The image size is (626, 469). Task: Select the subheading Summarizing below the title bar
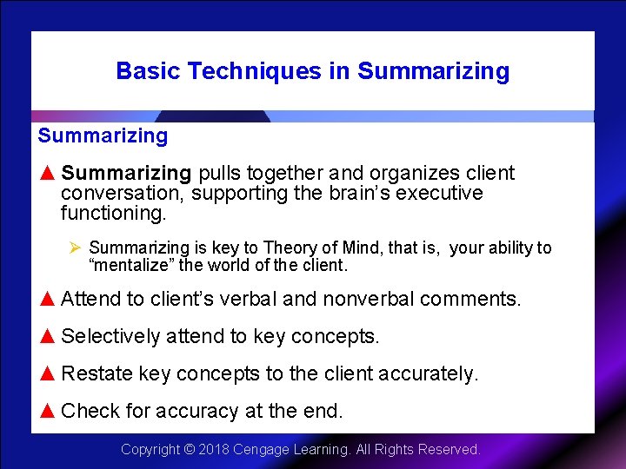[x=103, y=135]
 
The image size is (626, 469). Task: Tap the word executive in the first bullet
[x=439, y=193]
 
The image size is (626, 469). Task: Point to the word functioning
[x=112, y=213]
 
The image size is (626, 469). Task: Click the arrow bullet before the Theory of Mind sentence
[x=75, y=248]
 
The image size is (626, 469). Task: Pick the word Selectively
[x=110, y=336]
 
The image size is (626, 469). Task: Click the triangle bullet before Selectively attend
[x=48, y=336]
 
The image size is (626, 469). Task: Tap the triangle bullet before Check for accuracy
[x=48, y=411]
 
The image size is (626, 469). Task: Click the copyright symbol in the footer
[x=189, y=450]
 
